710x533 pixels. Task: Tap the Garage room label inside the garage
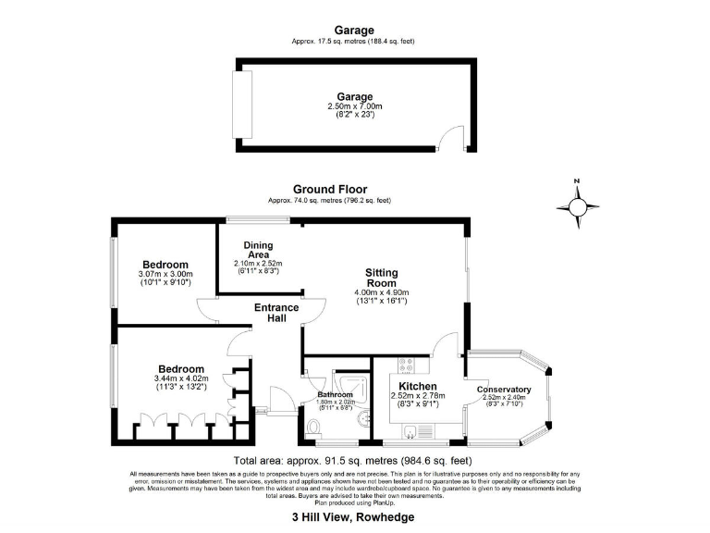(354, 96)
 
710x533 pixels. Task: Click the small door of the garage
(452, 141)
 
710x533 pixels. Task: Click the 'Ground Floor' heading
(330, 190)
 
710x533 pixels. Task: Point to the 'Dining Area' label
(258, 250)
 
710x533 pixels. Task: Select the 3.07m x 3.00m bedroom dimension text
(165, 274)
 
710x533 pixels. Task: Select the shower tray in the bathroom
(350, 392)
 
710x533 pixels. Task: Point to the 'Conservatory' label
(505, 390)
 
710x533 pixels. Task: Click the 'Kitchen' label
(417, 387)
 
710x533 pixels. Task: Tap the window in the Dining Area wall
(250, 220)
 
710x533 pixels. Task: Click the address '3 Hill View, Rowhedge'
(353, 517)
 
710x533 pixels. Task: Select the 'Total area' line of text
(354, 460)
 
